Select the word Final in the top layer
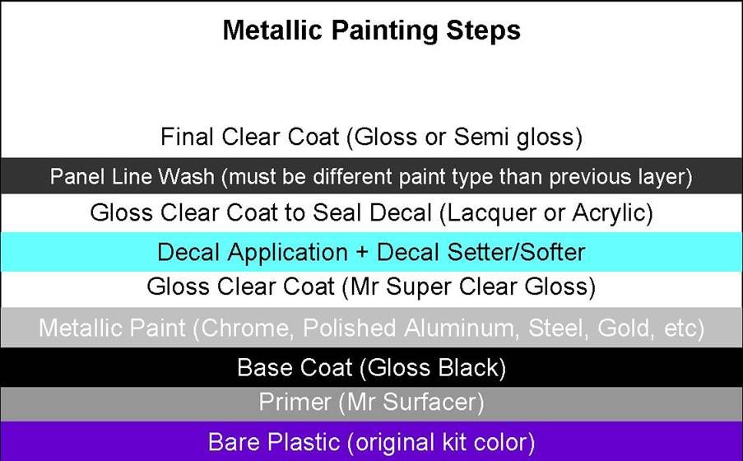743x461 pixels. point(187,137)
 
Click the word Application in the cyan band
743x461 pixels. point(288,253)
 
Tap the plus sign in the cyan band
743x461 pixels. point(362,253)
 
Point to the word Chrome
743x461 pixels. point(244,328)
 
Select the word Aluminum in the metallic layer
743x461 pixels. point(458,328)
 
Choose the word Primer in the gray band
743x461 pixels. point(295,403)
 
